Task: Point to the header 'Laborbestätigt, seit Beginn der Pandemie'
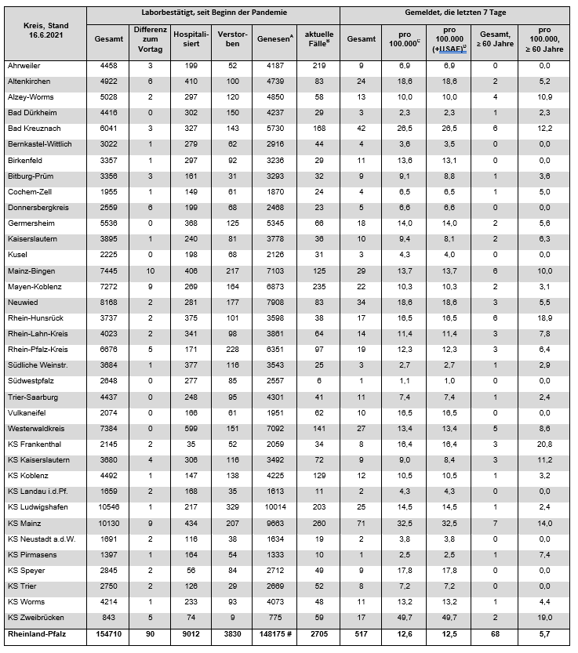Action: [x=212, y=13]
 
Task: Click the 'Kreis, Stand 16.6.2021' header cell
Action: [x=45, y=31]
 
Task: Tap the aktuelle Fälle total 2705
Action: [x=318, y=634]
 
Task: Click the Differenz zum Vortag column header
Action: [x=149, y=38]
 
